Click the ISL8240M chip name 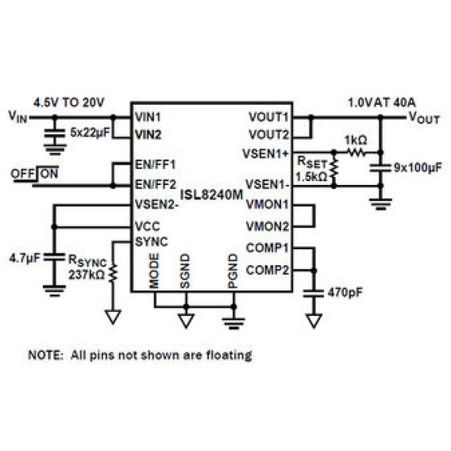click(211, 195)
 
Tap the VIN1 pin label click(148, 117)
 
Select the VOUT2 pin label click(268, 135)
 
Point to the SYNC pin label click(152, 241)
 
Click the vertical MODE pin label click(154, 271)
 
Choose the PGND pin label click(233, 271)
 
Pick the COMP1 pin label click(268, 248)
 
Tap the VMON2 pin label click(268, 226)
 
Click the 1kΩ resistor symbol click(357, 152)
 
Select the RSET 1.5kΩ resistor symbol click(333, 169)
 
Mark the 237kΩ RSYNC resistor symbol click(113, 272)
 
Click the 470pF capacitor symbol click(314, 293)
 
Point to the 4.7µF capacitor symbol click(54, 258)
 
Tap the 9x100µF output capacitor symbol click(380, 168)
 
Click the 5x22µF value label click(90, 133)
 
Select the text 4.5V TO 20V click(69, 102)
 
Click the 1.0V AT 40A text click(382, 102)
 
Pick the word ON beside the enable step click(49, 174)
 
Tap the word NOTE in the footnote click(45, 355)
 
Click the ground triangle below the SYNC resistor click(113, 318)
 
